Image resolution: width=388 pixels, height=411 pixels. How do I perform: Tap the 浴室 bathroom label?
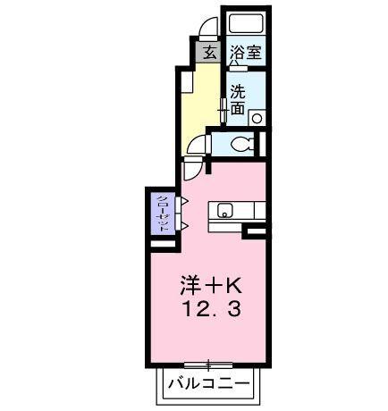[x=245, y=52]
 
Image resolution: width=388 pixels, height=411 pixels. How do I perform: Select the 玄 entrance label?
[x=208, y=52]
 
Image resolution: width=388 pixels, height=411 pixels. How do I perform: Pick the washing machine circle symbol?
[x=257, y=116]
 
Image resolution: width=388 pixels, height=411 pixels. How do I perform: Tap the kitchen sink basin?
[x=224, y=211]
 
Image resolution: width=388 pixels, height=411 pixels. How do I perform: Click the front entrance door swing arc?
[x=208, y=29]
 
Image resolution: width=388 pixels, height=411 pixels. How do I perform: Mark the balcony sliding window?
[x=208, y=364]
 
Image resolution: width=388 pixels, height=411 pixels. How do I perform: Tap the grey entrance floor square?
[x=208, y=52]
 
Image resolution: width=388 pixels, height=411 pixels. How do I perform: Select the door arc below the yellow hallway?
[x=194, y=170]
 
